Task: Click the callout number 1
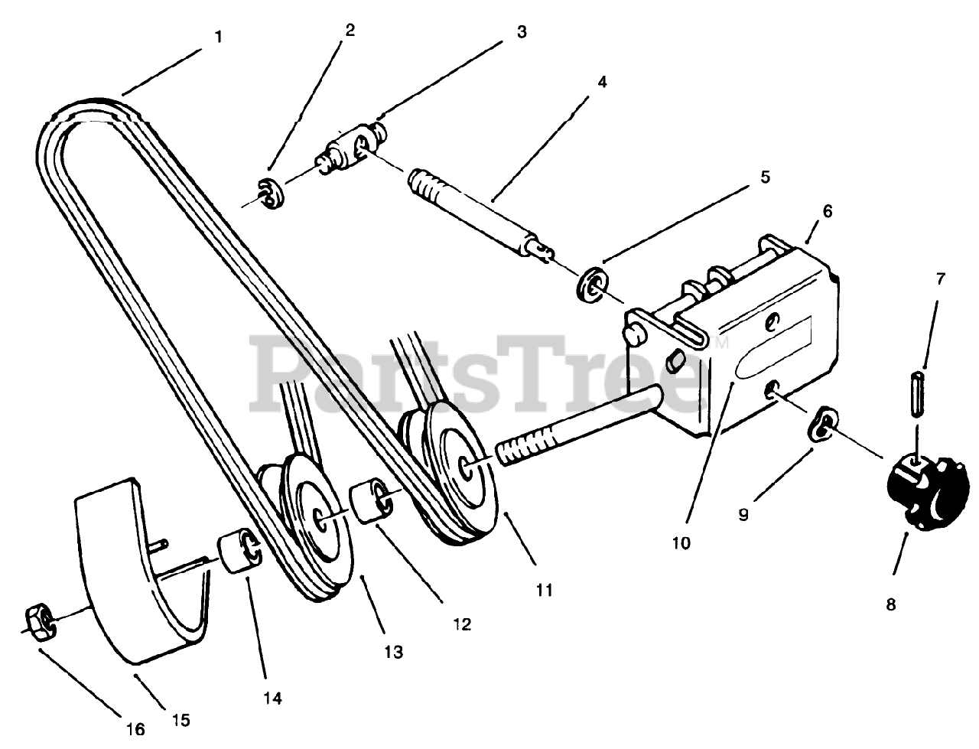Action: [x=219, y=36]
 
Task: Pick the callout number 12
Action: [x=461, y=624]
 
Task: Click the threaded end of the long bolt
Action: [x=524, y=444]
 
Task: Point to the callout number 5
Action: [x=764, y=177]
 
